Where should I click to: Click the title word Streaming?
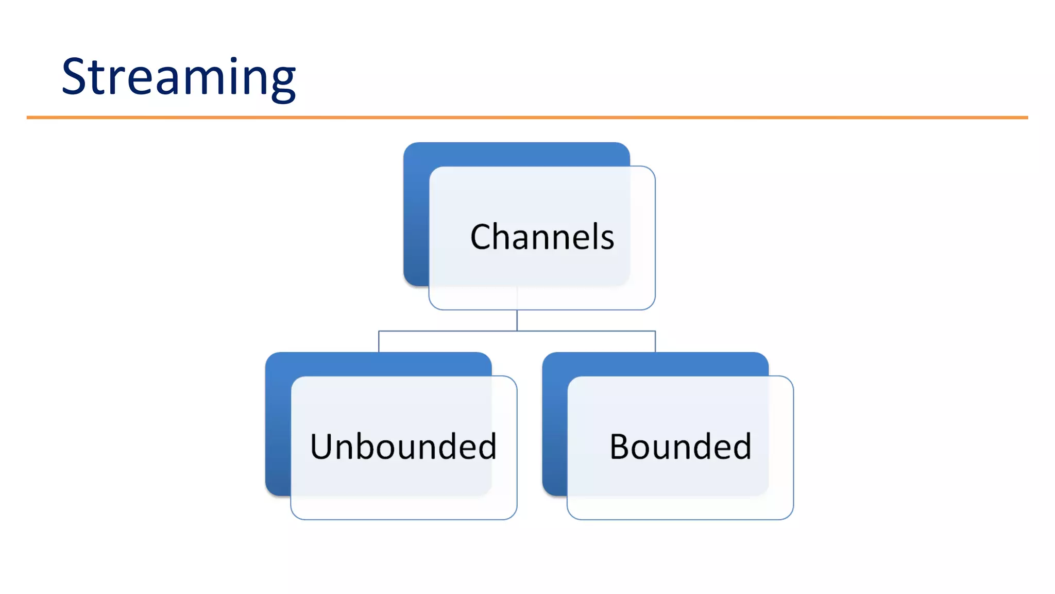tap(178, 77)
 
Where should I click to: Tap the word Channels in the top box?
tap(542, 237)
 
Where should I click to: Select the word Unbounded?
tap(403, 447)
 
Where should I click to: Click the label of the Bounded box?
tap(680, 447)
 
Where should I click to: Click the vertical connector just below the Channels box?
tap(517, 320)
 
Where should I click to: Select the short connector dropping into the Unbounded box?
tap(379, 342)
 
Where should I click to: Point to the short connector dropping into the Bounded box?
tap(655, 342)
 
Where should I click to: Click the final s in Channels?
tap(607, 240)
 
